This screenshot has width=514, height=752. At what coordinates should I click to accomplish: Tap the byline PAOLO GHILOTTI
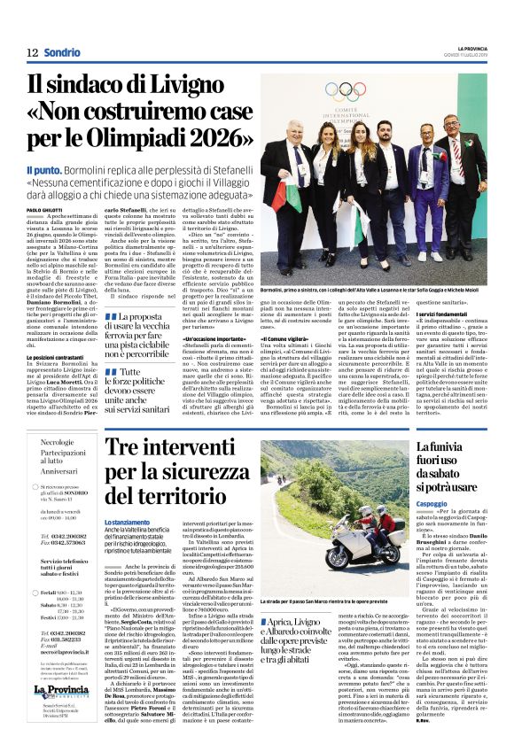(x=46, y=209)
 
